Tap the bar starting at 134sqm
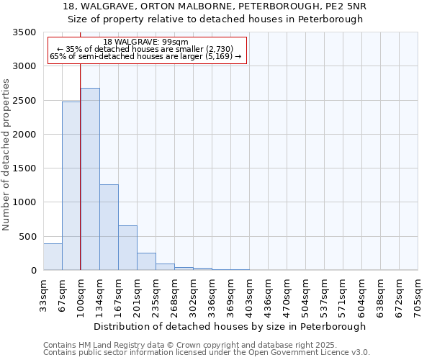pos(109,227)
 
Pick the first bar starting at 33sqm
pos(53,257)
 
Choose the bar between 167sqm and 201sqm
pos(127,248)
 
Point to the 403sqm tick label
pos(249,295)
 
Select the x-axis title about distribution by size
pos(230,326)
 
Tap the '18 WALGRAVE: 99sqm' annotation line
pos(146,42)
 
